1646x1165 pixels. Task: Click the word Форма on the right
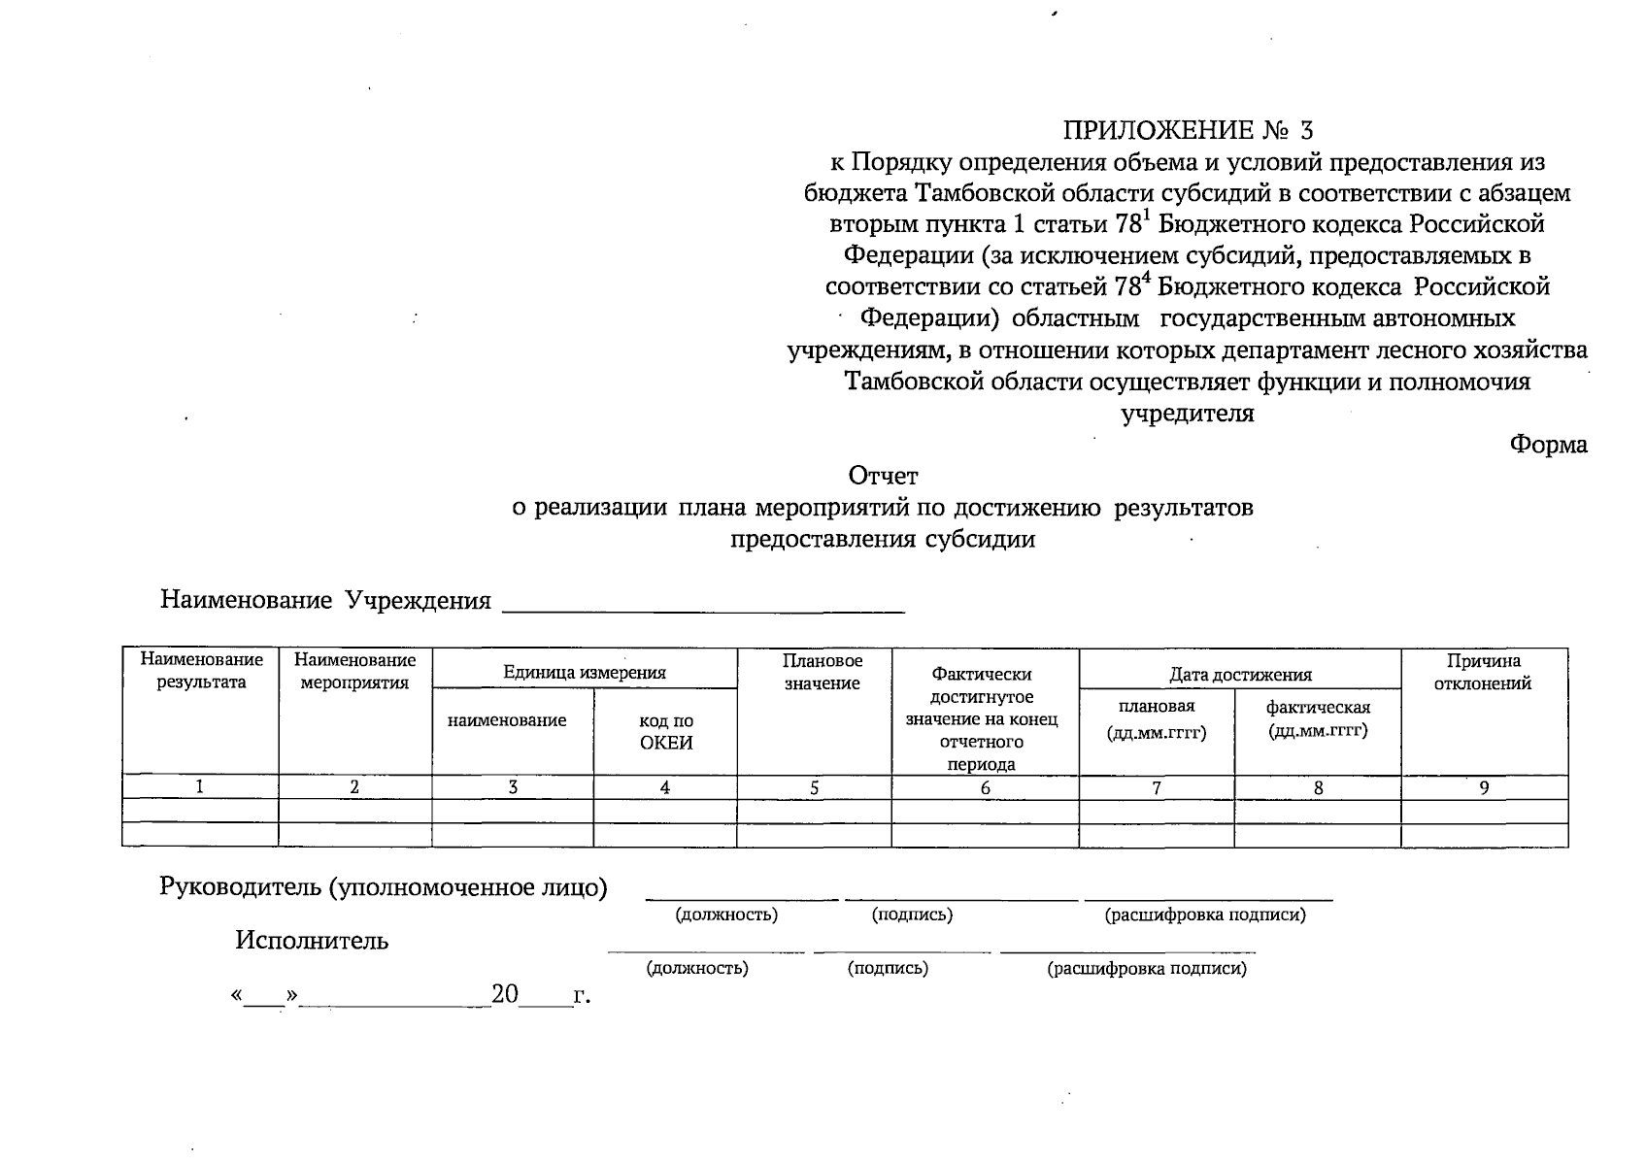click(x=1548, y=445)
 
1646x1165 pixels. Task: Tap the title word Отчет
click(x=883, y=476)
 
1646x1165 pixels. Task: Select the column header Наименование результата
click(x=201, y=671)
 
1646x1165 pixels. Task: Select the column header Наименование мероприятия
click(x=354, y=671)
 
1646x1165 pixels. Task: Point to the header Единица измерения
click(x=584, y=672)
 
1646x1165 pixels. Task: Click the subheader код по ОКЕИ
click(x=665, y=732)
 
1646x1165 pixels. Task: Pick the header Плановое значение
click(x=822, y=672)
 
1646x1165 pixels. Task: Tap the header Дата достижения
click(x=1239, y=675)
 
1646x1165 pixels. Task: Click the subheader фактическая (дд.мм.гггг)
click(x=1317, y=718)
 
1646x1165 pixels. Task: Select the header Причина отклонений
click(x=1483, y=672)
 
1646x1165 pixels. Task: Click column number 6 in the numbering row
click(x=985, y=788)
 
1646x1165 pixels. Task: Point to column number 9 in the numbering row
click(x=1484, y=788)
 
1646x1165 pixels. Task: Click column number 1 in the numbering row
click(x=200, y=787)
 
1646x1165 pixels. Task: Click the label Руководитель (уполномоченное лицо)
click(x=383, y=887)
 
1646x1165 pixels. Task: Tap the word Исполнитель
click(x=311, y=940)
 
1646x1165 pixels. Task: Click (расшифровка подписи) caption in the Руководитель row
click(x=1204, y=915)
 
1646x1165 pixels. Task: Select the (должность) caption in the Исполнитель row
click(x=696, y=968)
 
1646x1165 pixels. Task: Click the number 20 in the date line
click(x=505, y=994)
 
